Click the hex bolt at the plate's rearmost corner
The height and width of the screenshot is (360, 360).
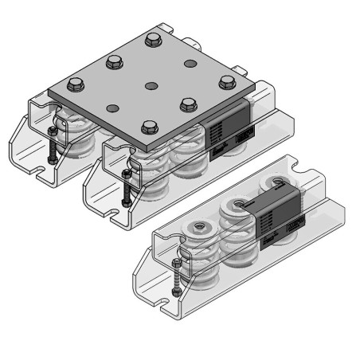(x=154, y=37)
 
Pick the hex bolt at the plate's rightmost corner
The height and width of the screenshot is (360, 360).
(x=226, y=80)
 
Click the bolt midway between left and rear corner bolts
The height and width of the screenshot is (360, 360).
(x=113, y=60)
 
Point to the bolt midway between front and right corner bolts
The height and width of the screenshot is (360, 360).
(x=189, y=103)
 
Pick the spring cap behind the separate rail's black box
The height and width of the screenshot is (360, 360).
(x=274, y=188)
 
